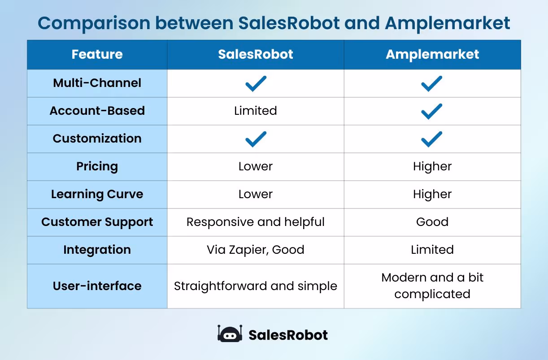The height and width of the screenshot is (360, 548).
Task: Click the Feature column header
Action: click(97, 55)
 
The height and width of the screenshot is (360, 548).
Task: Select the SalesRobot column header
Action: click(255, 55)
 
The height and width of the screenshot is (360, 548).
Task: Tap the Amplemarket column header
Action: click(432, 55)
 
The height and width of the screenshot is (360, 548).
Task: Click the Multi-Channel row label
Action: click(97, 83)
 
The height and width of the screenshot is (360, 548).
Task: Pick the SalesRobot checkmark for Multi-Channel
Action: click(256, 83)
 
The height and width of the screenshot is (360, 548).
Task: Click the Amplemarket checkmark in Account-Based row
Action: click(432, 111)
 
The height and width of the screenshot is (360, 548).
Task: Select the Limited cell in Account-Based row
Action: click(255, 111)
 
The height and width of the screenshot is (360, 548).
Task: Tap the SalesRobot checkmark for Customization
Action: click(256, 139)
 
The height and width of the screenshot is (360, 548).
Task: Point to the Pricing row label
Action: click(97, 166)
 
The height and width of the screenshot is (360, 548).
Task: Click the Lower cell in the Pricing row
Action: click(255, 166)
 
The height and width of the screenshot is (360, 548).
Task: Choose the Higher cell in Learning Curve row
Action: click(432, 194)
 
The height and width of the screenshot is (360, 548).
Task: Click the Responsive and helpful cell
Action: click(255, 222)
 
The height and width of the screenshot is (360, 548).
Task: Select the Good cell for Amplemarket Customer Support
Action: click(432, 222)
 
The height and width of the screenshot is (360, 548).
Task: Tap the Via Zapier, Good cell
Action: click(255, 250)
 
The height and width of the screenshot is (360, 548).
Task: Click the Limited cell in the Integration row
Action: click(432, 250)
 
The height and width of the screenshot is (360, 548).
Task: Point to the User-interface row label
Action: click(97, 286)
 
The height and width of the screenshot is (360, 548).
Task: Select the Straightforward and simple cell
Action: click(255, 286)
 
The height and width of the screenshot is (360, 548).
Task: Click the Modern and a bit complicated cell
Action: click(432, 286)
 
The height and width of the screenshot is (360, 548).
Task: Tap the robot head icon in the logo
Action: click(230, 334)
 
